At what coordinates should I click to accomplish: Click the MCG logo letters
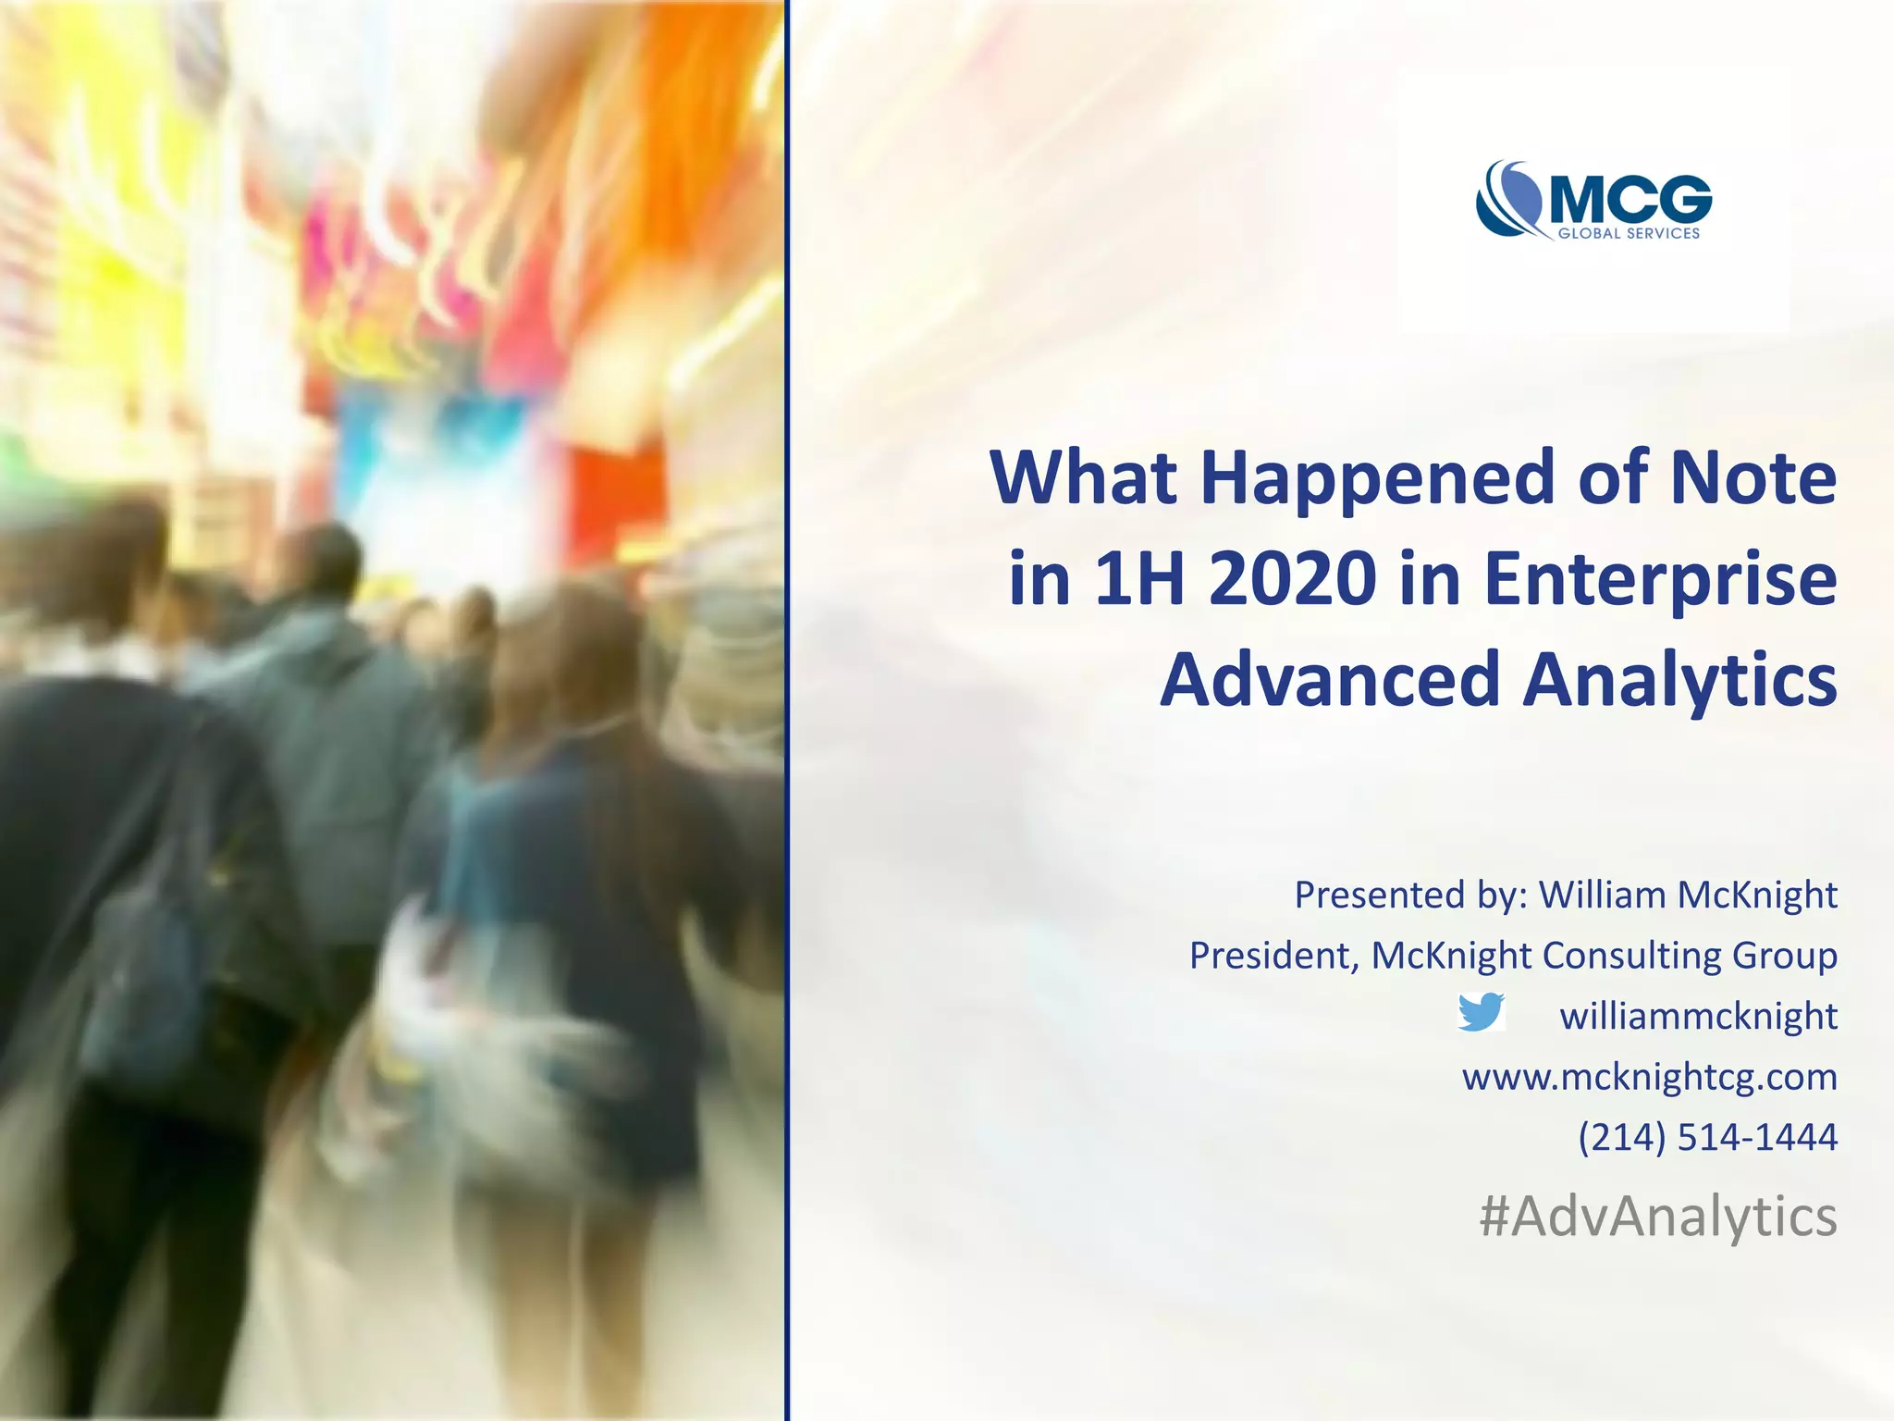point(1630,199)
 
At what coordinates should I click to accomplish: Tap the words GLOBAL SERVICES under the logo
point(1629,234)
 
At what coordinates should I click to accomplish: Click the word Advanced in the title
point(1330,680)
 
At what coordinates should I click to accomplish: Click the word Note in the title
point(1763,478)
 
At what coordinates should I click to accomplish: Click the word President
point(1272,956)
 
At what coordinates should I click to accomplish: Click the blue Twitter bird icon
point(1481,1013)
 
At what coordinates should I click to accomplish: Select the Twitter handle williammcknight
point(1698,1016)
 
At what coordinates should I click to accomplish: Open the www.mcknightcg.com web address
point(1649,1077)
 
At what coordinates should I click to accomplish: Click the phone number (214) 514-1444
point(1707,1137)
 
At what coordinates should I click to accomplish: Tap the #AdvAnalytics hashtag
point(1657,1217)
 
